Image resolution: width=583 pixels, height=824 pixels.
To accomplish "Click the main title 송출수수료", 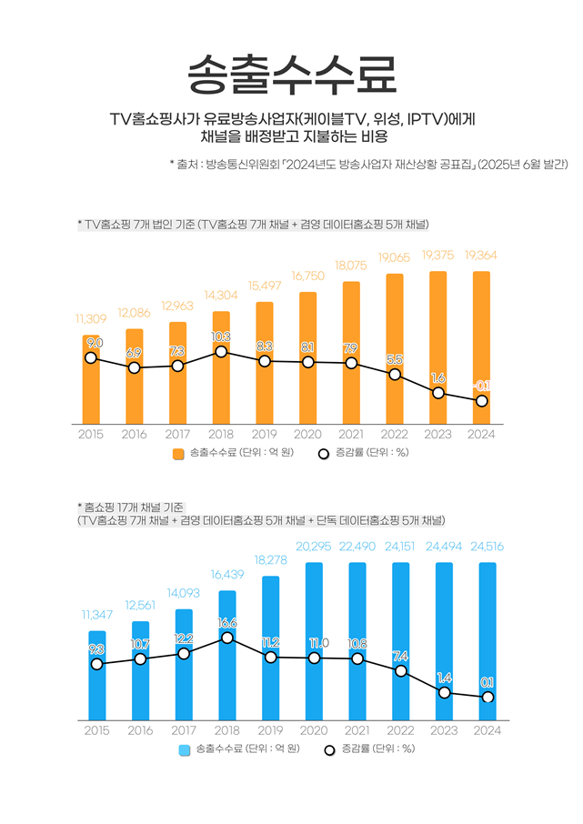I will tap(291, 72).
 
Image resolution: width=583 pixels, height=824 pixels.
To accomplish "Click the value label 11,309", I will tap(91, 319).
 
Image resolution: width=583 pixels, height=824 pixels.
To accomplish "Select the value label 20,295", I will tap(313, 547).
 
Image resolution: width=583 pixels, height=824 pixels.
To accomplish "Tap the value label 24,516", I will tap(488, 547).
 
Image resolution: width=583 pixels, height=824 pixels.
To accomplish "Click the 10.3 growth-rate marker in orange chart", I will tap(221, 351).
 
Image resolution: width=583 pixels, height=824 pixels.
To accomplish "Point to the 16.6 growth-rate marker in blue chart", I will tap(227, 638).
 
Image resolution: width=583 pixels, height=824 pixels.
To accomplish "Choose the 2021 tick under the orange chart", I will tap(351, 435).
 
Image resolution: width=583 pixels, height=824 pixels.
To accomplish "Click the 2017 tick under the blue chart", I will tap(184, 730).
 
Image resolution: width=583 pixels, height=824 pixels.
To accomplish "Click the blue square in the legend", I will tap(185, 749).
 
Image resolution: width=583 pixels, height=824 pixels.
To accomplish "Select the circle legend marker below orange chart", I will tap(323, 454).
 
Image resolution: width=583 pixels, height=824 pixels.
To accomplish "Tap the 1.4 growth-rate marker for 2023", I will tap(445, 693).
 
